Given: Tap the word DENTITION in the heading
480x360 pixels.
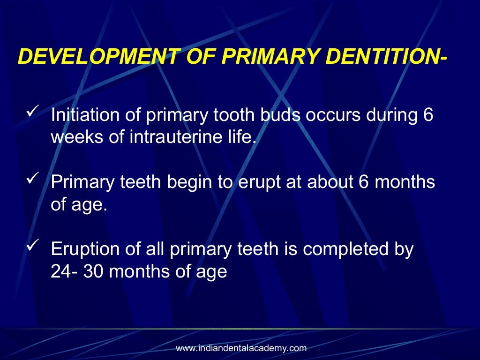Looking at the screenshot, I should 389,57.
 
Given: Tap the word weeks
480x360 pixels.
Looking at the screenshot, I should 76,138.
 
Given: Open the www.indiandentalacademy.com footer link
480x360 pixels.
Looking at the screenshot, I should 241,348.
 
